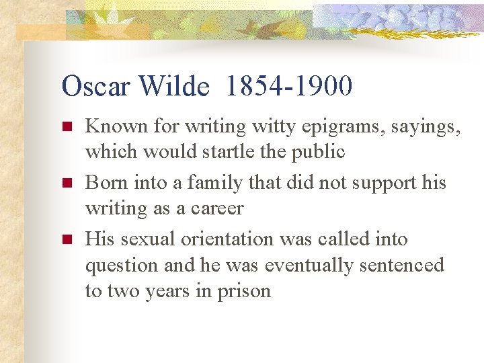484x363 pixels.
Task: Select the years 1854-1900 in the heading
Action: pos(289,87)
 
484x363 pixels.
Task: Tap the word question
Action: pos(122,266)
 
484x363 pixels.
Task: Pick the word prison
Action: pos(243,291)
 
